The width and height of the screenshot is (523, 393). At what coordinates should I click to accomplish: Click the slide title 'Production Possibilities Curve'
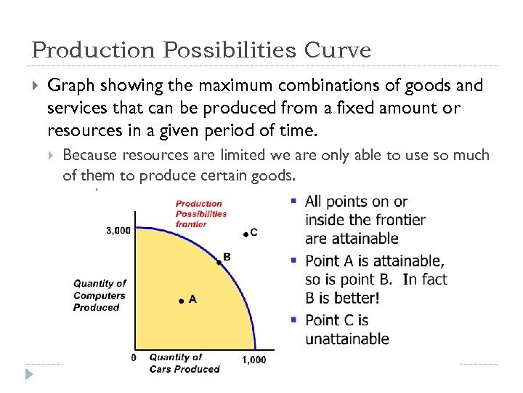pyautogui.click(x=201, y=49)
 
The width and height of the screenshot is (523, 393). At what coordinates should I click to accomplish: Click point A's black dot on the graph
pyautogui.click(x=181, y=300)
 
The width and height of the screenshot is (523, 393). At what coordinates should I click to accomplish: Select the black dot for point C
pyautogui.click(x=246, y=234)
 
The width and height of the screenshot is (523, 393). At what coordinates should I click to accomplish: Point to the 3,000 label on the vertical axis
pyautogui.click(x=118, y=231)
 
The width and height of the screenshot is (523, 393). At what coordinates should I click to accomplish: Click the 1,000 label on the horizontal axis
pyautogui.click(x=254, y=360)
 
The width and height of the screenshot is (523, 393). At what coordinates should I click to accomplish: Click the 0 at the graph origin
pyautogui.click(x=133, y=358)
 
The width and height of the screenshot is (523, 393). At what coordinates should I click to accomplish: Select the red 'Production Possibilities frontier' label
pyautogui.click(x=200, y=214)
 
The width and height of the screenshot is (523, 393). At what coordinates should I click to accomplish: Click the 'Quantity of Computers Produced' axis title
pyautogui.click(x=100, y=295)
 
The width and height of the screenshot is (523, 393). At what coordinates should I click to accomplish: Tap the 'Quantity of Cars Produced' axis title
pyautogui.click(x=184, y=363)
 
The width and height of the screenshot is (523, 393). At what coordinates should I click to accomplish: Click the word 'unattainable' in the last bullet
pyautogui.click(x=346, y=339)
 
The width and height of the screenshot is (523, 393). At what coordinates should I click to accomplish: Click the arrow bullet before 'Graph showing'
pyautogui.click(x=33, y=86)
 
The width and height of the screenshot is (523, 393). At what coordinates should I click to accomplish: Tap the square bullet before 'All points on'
pyautogui.click(x=293, y=200)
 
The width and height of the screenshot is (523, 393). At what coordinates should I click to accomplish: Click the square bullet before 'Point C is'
pyautogui.click(x=293, y=319)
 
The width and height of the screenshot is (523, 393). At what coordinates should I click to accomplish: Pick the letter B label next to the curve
pyautogui.click(x=227, y=257)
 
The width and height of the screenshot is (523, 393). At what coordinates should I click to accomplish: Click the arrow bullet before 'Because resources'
pyautogui.click(x=52, y=155)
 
